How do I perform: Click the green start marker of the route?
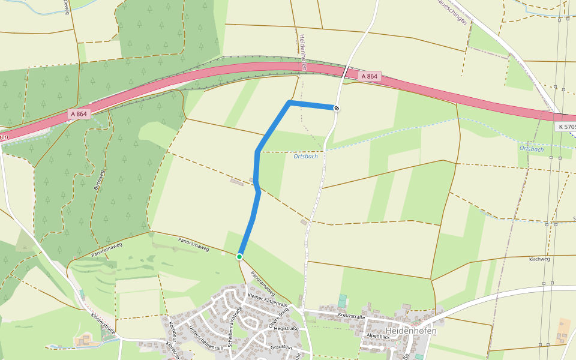click(x=239, y=257)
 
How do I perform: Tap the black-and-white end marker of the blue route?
click(x=337, y=108)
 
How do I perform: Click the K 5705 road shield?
click(x=565, y=127)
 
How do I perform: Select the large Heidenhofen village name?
click(x=411, y=331)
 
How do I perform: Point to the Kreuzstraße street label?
click(x=351, y=316)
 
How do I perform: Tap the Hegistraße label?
click(x=286, y=328)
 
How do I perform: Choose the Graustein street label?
click(x=281, y=347)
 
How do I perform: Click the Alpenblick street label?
click(x=379, y=338)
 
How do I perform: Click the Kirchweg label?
click(x=539, y=260)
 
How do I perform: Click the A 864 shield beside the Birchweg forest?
click(x=79, y=114)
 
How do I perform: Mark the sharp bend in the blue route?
click(x=290, y=103)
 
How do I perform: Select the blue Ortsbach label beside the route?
click(x=305, y=156)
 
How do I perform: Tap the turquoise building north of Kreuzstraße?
click(x=342, y=301)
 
